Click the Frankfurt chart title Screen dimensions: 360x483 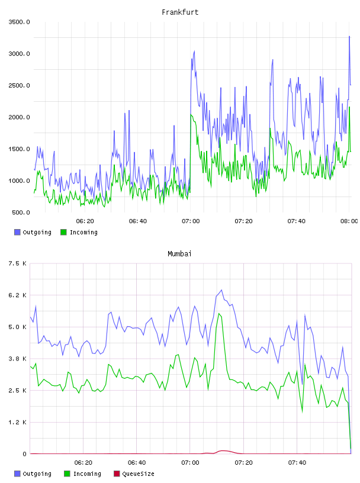click(x=180, y=12)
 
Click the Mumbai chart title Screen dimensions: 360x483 click(x=179, y=254)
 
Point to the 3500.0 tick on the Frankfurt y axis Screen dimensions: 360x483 click(x=19, y=22)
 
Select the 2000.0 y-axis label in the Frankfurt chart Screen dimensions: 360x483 click(x=19, y=117)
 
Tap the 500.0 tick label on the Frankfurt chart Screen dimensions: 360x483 click(x=21, y=212)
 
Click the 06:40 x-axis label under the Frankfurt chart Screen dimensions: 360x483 click(x=138, y=221)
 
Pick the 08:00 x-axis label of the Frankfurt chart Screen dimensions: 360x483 click(x=349, y=221)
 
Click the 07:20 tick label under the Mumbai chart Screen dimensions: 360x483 click(x=243, y=462)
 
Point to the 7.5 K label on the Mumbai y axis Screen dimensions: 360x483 click(x=17, y=263)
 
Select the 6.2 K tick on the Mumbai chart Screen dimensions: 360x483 click(x=17, y=295)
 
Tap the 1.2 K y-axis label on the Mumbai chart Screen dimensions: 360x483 click(x=17, y=422)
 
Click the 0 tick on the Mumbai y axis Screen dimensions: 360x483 click(x=24, y=454)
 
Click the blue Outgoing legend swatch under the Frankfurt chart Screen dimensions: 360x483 click(x=17, y=232)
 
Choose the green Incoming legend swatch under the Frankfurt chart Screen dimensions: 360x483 click(x=63, y=232)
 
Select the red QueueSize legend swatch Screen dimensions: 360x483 click(x=117, y=474)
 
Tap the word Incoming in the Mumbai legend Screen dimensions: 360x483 click(x=87, y=474)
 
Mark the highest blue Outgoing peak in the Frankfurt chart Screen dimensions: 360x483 click(x=349, y=36)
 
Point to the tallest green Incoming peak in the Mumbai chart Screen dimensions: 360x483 click(x=219, y=314)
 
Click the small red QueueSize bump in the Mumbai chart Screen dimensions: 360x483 click(x=223, y=451)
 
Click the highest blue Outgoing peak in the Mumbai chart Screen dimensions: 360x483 click(x=221, y=290)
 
